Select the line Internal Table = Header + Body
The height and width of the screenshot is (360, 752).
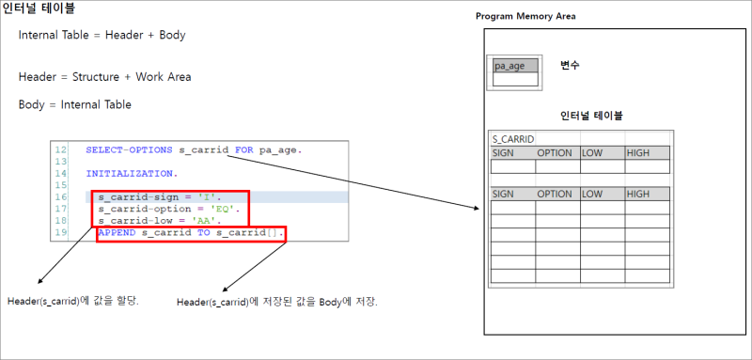click(102, 35)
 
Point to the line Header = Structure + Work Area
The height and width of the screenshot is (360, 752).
click(104, 77)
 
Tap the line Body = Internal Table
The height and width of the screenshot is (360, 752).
click(74, 104)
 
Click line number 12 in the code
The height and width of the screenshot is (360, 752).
click(61, 149)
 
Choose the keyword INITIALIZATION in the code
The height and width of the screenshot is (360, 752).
click(131, 174)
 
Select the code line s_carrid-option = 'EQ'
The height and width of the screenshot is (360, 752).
click(168, 209)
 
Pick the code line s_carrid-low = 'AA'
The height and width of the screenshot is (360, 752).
click(162, 220)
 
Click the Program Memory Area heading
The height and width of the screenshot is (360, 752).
click(525, 16)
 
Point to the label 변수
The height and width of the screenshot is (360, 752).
click(570, 66)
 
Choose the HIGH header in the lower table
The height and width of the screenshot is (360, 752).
click(638, 195)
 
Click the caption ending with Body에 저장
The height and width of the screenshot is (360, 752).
click(277, 302)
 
